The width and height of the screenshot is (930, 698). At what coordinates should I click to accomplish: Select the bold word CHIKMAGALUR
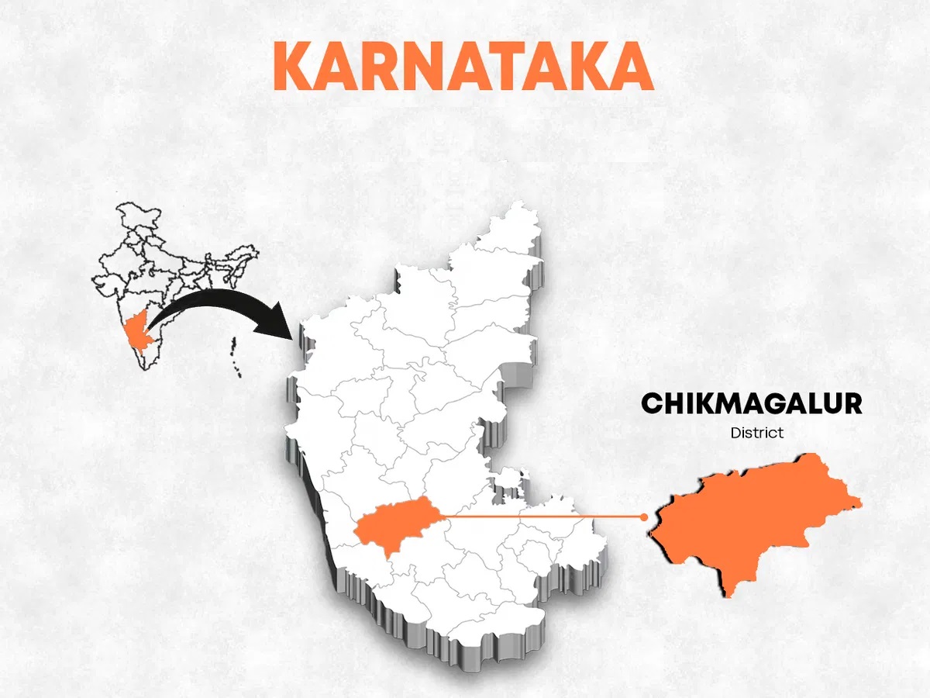(x=751, y=404)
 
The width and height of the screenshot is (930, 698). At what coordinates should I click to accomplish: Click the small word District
(x=756, y=433)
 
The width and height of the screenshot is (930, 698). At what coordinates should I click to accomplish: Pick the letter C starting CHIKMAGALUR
(x=651, y=404)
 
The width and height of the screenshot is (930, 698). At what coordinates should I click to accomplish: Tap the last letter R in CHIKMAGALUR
(x=852, y=404)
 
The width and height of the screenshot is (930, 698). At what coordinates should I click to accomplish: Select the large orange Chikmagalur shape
(x=744, y=520)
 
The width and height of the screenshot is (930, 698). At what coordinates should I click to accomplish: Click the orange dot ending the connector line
(x=643, y=517)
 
